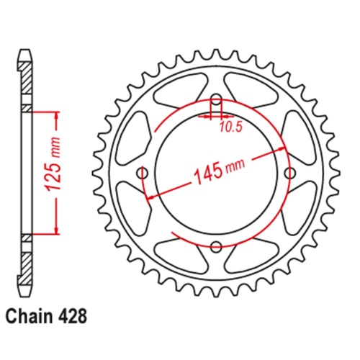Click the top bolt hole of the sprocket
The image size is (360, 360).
[x=216, y=100]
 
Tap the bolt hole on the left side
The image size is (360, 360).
[x=143, y=173]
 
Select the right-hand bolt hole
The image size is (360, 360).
[x=290, y=173]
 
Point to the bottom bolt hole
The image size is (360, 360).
[x=216, y=246]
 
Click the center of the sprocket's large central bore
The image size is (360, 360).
[x=216, y=173]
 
